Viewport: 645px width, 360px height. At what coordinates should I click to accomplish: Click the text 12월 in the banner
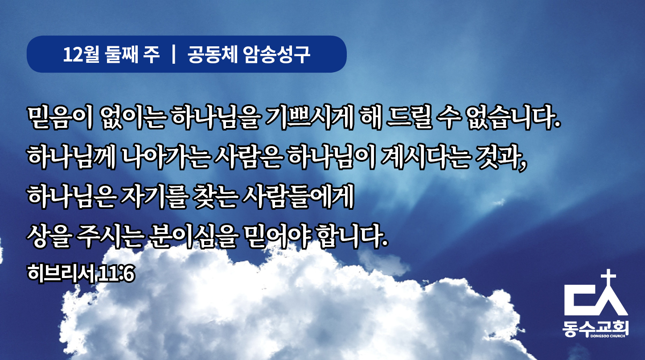pos(81,54)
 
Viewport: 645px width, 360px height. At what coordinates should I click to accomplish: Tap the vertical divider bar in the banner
pos(173,54)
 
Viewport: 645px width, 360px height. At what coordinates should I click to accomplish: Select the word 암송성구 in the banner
pos(276,54)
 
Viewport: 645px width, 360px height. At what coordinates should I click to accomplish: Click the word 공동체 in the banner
pos(212,54)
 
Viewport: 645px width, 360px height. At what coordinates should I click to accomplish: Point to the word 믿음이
pos(60,118)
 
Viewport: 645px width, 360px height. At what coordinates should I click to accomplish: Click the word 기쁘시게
pos(309,118)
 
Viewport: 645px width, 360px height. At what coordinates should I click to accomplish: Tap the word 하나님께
pos(72,158)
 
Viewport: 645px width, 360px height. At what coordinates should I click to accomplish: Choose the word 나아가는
pos(165,158)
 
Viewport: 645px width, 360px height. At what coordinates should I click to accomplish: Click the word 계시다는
pos(426,158)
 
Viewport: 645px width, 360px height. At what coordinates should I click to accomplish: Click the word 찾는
pos(216,197)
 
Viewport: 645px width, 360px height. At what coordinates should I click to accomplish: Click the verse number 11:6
pos(116,274)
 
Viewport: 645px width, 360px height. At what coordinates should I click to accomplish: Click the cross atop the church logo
pos(608,278)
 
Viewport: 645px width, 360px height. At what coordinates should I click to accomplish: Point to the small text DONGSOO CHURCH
pos(608,336)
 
